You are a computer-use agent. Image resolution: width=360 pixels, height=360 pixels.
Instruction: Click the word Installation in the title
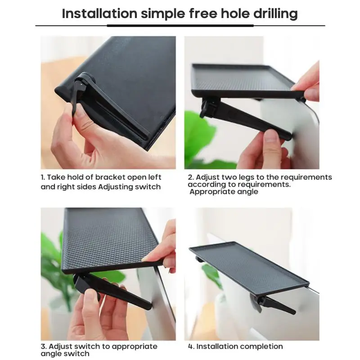tap(99, 13)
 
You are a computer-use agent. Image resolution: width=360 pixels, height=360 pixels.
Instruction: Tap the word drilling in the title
tap(275, 14)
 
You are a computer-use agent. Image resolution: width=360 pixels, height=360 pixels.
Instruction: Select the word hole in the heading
tap(235, 13)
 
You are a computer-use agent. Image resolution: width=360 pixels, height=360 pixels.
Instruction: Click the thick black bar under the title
tap(180, 26)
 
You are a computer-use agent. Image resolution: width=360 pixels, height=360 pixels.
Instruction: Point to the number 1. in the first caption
tap(43, 177)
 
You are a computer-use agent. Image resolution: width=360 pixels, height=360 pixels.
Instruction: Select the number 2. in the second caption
tap(191, 177)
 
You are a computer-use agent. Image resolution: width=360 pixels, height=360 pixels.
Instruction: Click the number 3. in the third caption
tap(44, 346)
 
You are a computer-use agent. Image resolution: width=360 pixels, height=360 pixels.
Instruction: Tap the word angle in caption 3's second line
tap(50, 354)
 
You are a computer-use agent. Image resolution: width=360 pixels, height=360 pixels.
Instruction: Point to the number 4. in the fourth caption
tap(191, 346)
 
